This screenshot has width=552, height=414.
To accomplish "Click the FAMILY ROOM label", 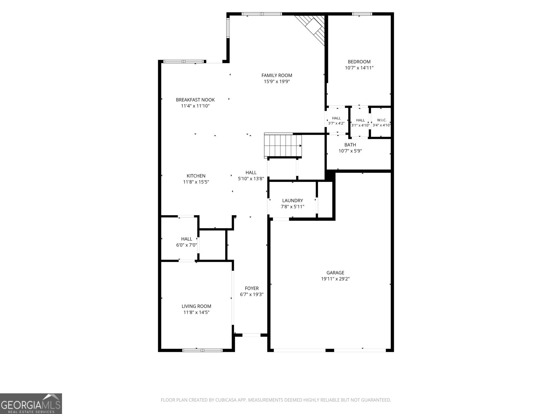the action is click(277, 75).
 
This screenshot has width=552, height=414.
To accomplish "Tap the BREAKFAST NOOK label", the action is click(195, 100).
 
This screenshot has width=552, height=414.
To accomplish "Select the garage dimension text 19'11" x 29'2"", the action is click(335, 278).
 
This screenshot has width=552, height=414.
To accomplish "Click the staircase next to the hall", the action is click(283, 146).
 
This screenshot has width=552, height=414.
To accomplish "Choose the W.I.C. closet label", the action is click(382, 120).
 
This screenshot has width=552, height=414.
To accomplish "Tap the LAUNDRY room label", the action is click(293, 200).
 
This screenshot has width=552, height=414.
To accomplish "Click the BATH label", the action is click(350, 145).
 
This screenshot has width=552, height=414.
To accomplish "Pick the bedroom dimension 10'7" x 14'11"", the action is click(359, 68).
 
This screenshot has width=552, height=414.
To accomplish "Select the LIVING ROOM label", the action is click(196, 306).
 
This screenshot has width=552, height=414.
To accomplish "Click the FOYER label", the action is click(252, 288).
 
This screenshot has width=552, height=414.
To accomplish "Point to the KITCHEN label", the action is click(196, 176).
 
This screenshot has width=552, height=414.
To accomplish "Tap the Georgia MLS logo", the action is click(31, 403).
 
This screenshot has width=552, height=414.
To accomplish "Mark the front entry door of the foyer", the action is click(251, 335).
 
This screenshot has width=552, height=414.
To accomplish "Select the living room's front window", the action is click(203, 350).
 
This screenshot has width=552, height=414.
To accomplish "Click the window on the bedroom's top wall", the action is click(362, 14).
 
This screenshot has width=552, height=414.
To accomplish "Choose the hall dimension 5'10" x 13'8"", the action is click(251, 178).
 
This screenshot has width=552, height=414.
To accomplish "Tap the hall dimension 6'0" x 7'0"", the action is click(186, 245).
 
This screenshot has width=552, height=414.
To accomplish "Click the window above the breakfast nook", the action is click(183, 61).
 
